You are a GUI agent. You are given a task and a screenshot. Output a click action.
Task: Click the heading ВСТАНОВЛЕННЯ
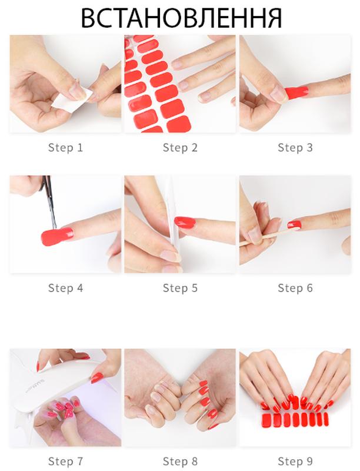pyautogui.click(x=181, y=18)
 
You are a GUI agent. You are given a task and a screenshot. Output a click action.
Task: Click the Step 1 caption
pyautogui.click(x=65, y=148)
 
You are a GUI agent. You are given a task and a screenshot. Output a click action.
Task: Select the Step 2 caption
pyautogui.click(x=180, y=148)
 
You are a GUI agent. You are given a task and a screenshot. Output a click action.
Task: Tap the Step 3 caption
pyautogui.click(x=295, y=148)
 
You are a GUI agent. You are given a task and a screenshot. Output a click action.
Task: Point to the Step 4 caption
pyautogui.click(x=65, y=288)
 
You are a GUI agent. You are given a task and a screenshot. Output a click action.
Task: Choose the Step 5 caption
pyautogui.click(x=180, y=288)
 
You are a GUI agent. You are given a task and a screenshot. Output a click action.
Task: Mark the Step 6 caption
pyautogui.click(x=295, y=288)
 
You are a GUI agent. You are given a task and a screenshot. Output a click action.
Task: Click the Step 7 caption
pyautogui.click(x=65, y=461)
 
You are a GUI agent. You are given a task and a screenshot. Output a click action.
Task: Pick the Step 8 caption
pyautogui.click(x=180, y=461)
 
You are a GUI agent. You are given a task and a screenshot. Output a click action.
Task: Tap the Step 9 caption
pyautogui.click(x=295, y=461)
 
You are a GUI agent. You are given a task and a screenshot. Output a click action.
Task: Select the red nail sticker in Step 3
pyautogui.click(x=296, y=92)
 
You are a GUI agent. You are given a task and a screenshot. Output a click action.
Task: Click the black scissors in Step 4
pyautogui.click(x=49, y=200)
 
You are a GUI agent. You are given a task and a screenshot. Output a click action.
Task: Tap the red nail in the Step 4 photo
pyautogui.click(x=57, y=236)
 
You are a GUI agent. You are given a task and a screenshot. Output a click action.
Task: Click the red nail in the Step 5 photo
pyautogui.click(x=185, y=223)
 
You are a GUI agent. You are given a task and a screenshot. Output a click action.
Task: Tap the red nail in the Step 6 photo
pyautogui.click(x=294, y=224)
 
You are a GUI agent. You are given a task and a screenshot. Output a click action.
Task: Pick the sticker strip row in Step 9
pyautogui.click(x=295, y=420)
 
